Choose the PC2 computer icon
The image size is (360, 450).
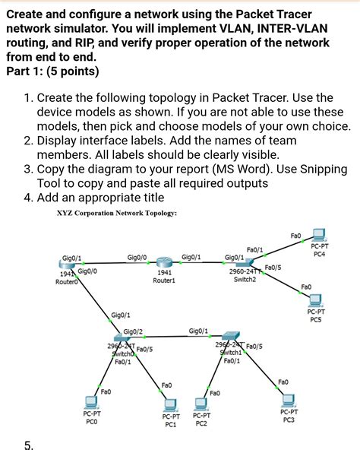(x=201, y=403)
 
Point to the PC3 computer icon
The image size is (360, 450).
(x=288, y=399)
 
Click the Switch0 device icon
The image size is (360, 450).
(x=122, y=337)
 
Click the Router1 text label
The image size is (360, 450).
(x=164, y=280)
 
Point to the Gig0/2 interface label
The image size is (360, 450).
(x=133, y=331)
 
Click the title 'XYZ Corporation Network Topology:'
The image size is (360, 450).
(x=116, y=214)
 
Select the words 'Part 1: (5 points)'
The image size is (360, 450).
(x=52, y=72)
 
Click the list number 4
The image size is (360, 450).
(x=28, y=198)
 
